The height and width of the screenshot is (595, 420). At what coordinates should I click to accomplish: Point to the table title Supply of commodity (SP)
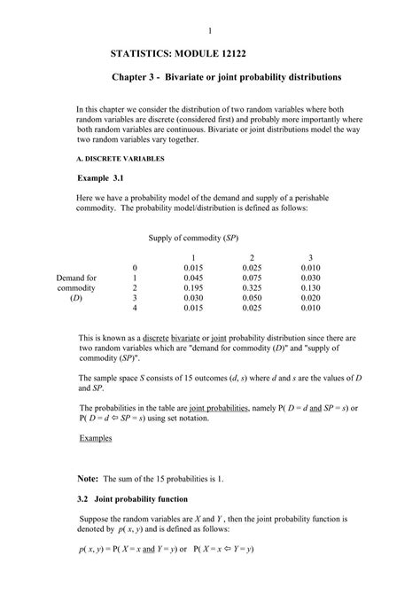(x=193, y=238)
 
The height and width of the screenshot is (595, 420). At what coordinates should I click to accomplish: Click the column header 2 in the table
(x=253, y=257)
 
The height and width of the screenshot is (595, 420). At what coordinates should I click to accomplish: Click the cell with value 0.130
(x=310, y=287)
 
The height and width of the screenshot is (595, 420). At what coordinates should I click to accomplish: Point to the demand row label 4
(x=135, y=308)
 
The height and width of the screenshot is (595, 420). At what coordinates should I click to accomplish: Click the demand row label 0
(x=135, y=268)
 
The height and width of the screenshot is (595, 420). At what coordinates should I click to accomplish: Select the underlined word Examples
(x=96, y=438)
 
